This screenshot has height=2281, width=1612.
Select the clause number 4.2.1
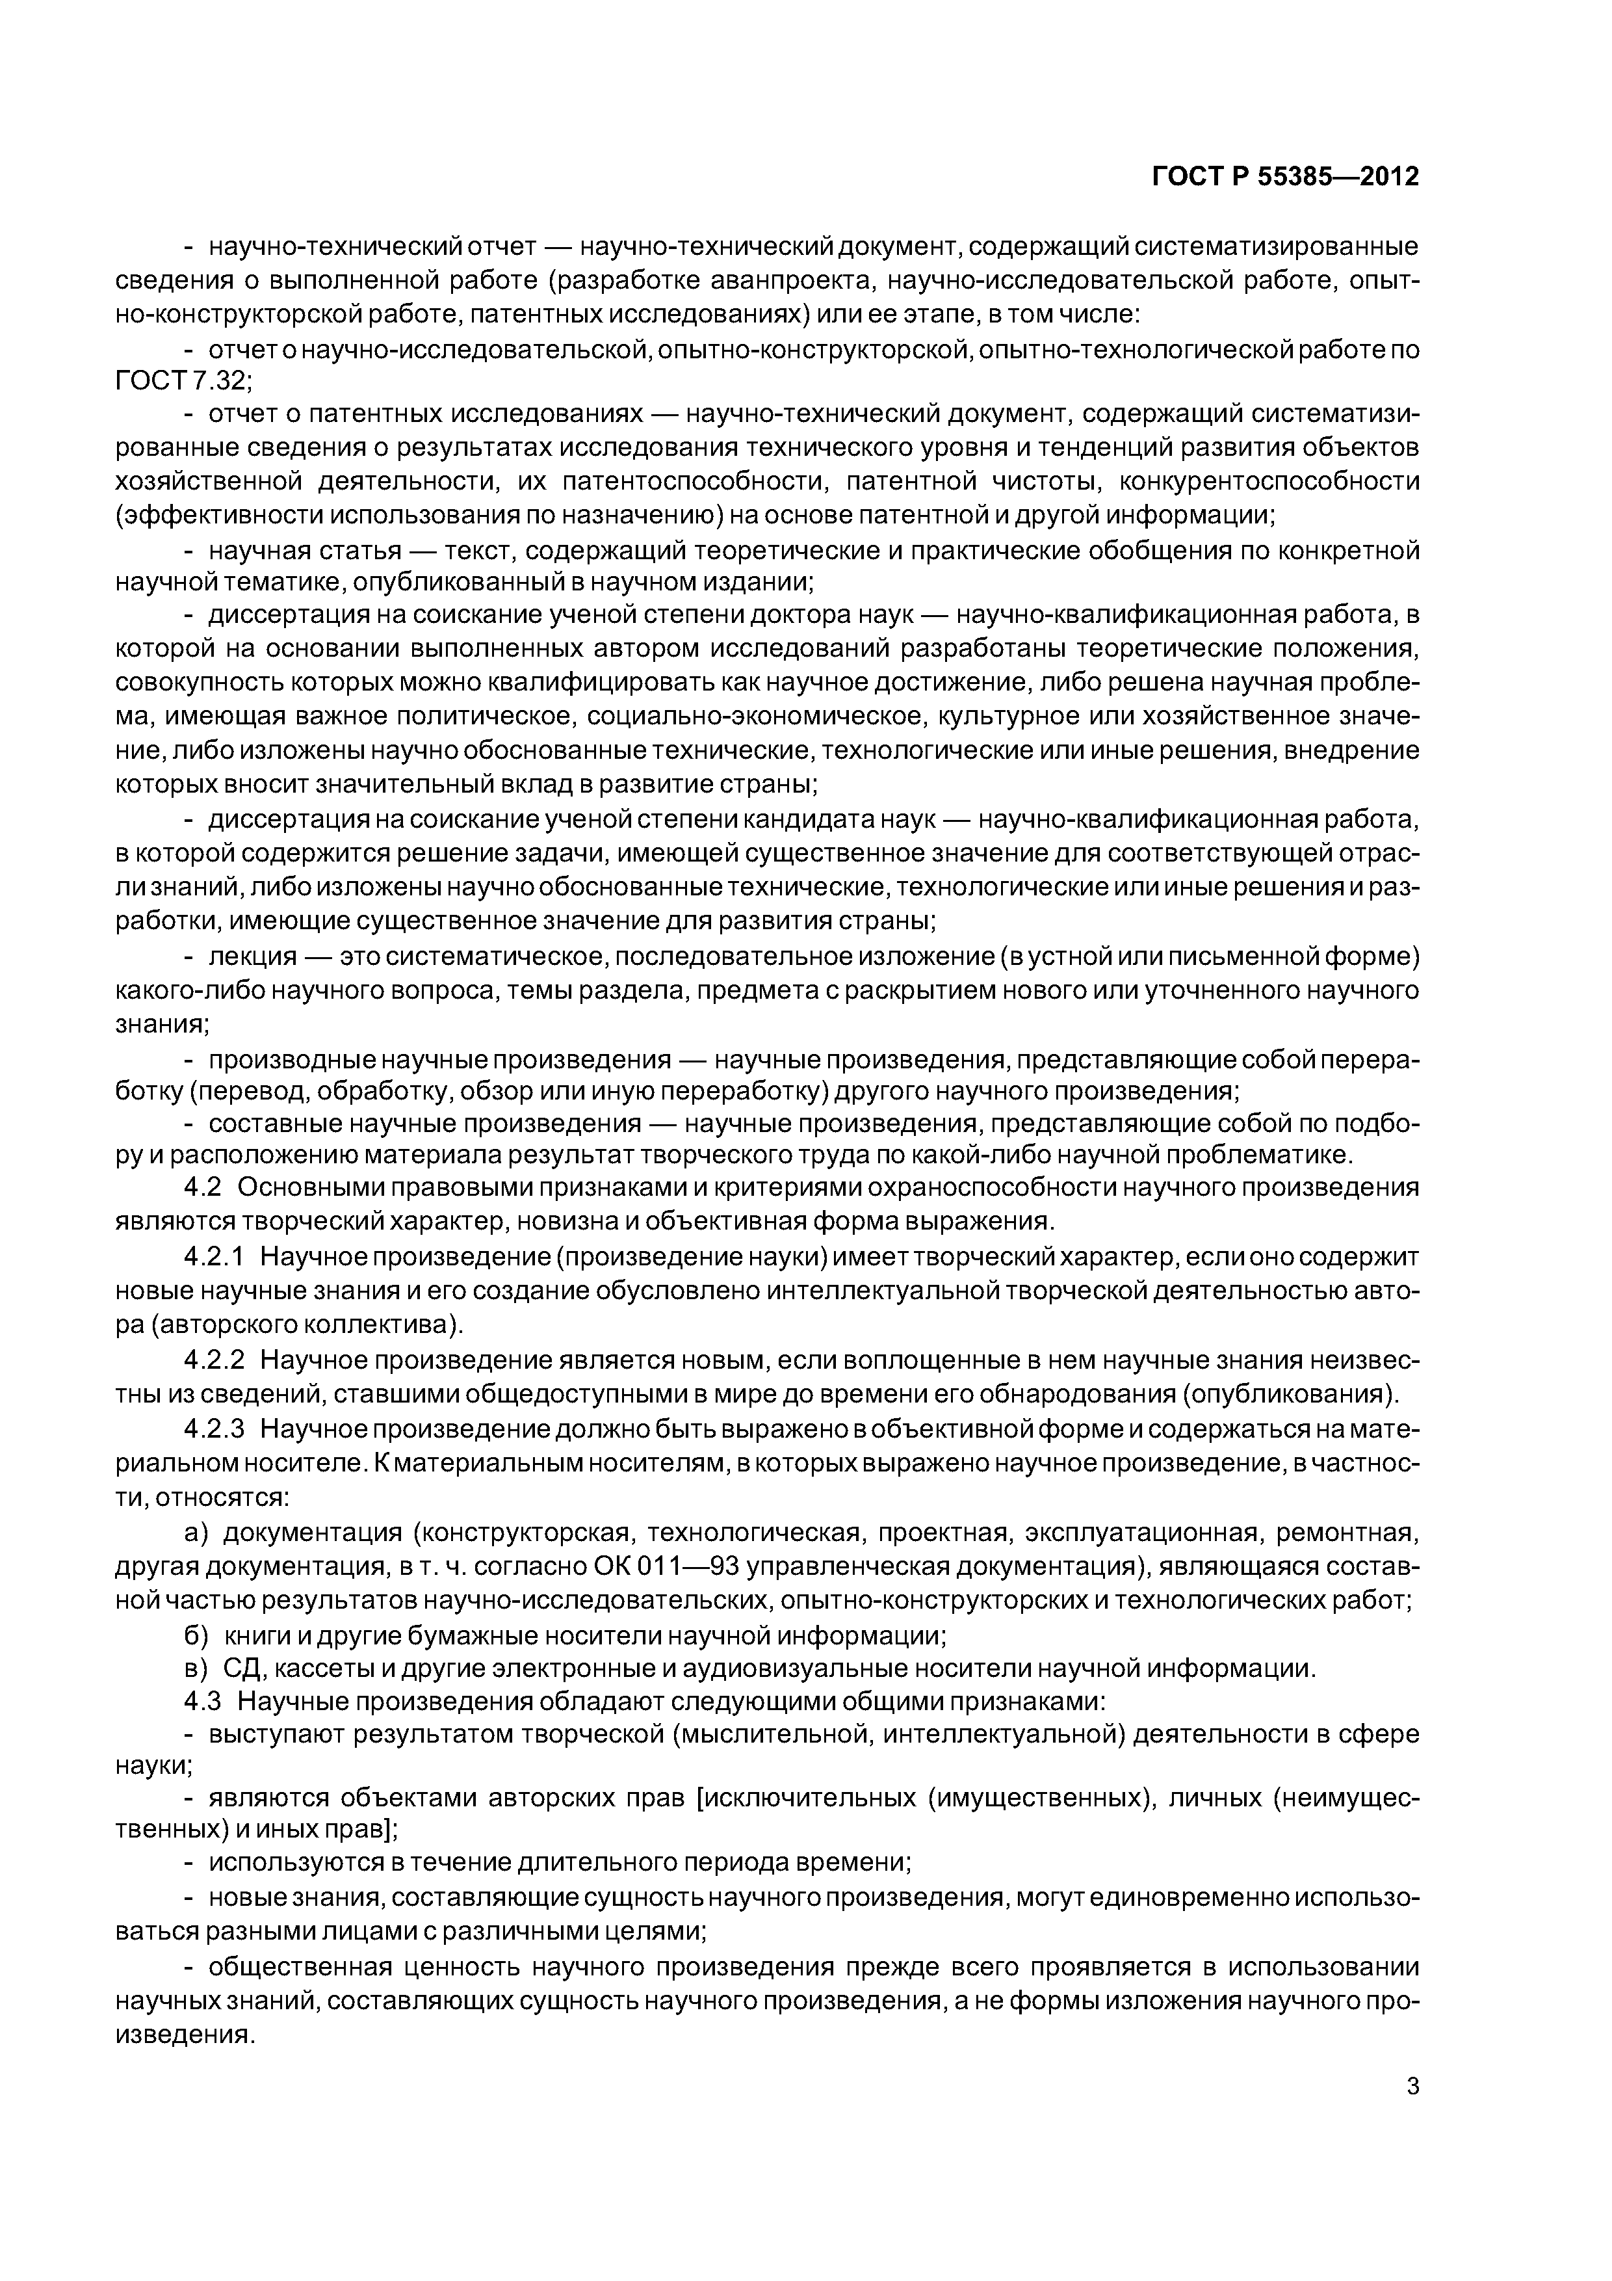click(214, 1258)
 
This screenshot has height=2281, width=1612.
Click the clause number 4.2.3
click(214, 1430)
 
